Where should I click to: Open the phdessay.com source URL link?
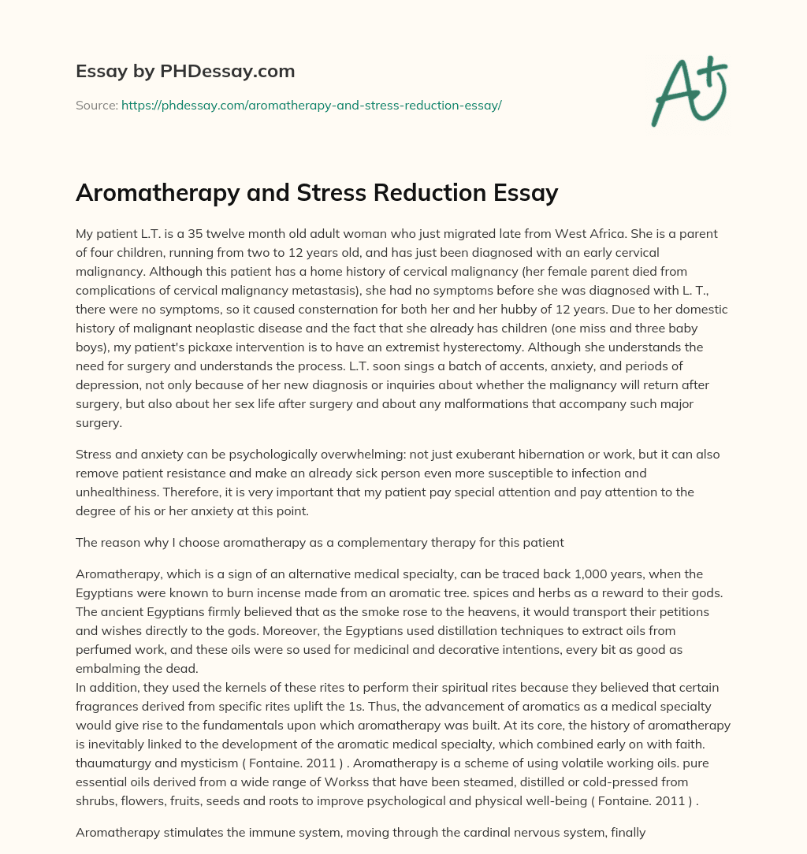(x=311, y=105)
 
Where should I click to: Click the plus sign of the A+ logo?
(x=714, y=73)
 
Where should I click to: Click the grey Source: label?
(x=97, y=105)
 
